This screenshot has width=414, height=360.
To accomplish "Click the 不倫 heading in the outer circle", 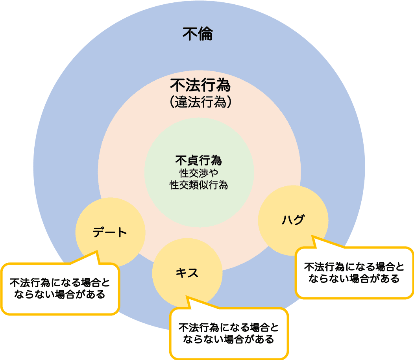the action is click(x=198, y=34).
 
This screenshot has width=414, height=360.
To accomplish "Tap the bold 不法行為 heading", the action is click(x=200, y=85).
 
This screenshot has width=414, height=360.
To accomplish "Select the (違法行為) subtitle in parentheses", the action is click(x=200, y=102).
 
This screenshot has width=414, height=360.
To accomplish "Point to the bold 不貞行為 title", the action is click(x=199, y=160).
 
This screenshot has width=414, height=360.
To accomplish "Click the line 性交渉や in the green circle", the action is click(x=199, y=173).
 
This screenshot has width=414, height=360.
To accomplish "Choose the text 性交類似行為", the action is click(x=199, y=185).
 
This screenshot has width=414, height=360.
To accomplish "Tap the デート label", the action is click(x=110, y=232).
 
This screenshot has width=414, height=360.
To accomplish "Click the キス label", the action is click(x=187, y=273).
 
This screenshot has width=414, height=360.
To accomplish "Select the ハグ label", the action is click(x=293, y=220).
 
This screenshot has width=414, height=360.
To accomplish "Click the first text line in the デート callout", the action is click(x=60, y=282).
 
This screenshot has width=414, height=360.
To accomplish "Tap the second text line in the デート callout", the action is click(x=60, y=294).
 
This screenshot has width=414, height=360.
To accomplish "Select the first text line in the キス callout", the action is click(x=229, y=327).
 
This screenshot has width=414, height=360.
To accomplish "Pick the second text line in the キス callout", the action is click(x=229, y=339).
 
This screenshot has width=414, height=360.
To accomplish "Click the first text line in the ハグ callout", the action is click(x=354, y=267).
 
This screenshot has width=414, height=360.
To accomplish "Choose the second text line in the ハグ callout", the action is click(x=354, y=278).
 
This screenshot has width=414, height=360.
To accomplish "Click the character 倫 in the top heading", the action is click(x=205, y=34).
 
